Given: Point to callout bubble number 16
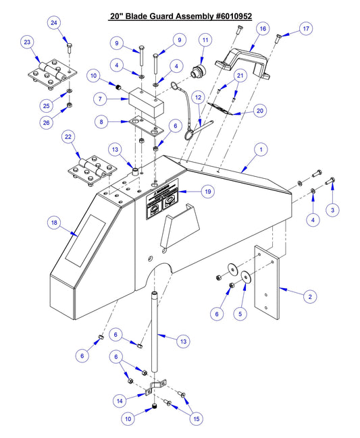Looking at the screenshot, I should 263,28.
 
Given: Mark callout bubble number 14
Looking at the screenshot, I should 120,401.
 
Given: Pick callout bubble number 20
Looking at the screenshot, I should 260,111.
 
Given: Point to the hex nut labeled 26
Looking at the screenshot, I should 70,106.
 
